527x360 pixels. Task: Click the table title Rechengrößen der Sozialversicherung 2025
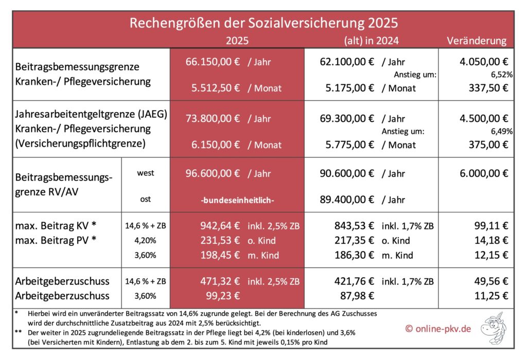pos(263,24)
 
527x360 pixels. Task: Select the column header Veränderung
pos(476,41)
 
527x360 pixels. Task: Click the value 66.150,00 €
pos(213,62)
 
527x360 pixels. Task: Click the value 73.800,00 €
pos(213,119)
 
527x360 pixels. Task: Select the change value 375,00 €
pos(490,145)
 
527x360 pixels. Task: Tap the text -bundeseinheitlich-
pos(237,200)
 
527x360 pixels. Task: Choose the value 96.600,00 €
pos(213,173)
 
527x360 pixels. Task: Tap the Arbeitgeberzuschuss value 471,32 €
pos(220,281)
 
